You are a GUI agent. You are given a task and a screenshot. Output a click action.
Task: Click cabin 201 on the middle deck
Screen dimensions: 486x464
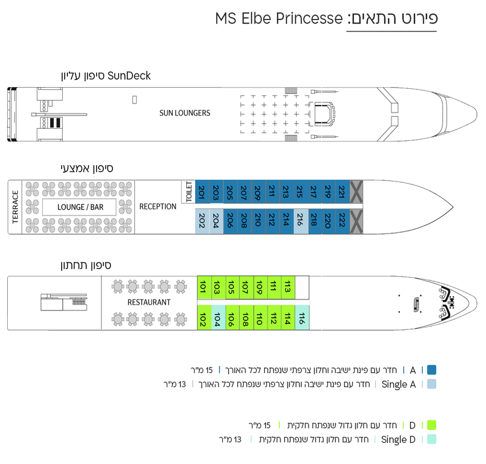pyautogui.click(x=202, y=191)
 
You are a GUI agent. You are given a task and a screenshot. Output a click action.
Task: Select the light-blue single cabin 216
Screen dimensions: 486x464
pyautogui.click(x=301, y=221)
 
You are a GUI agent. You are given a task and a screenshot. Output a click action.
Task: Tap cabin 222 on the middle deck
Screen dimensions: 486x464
pyautogui.click(x=343, y=221)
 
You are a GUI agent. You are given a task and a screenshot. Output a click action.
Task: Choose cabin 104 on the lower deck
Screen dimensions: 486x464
pyautogui.click(x=218, y=318)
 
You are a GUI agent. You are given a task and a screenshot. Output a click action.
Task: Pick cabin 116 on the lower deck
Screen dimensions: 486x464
pyautogui.click(x=302, y=318)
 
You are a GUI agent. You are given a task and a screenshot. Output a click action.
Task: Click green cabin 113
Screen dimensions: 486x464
pyautogui.click(x=288, y=287)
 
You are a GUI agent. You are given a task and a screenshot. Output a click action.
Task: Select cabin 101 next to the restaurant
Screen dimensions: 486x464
pyautogui.click(x=204, y=287)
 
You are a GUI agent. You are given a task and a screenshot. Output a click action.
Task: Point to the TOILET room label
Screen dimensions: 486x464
pyautogui.click(x=189, y=192)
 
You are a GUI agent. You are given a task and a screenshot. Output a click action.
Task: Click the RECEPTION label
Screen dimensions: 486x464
pyautogui.click(x=158, y=207)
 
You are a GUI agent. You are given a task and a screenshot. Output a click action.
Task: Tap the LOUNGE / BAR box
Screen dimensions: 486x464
pyautogui.click(x=79, y=207)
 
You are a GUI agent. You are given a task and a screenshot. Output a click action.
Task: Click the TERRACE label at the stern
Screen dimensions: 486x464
pyautogui.click(x=15, y=207)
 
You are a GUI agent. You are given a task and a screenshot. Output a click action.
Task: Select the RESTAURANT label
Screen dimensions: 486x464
pyautogui.click(x=149, y=302)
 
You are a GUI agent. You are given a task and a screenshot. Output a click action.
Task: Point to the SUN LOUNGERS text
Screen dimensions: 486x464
pyautogui.click(x=185, y=113)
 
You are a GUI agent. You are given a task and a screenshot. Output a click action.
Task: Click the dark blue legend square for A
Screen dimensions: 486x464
pyautogui.click(x=432, y=370)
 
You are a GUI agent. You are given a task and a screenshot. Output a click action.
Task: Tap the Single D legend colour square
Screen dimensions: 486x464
pyautogui.click(x=432, y=439)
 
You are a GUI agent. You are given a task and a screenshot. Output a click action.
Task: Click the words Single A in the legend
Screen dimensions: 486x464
pyautogui.click(x=399, y=384)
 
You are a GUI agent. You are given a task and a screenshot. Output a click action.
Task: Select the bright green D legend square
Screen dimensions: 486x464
pyautogui.click(x=432, y=425)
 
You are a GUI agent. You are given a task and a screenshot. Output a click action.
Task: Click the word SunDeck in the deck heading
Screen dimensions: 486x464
pyautogui.click(x=129, y=76)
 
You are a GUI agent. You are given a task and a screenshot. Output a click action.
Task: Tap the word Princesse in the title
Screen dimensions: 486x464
pyautogui.click(x=309, y=18)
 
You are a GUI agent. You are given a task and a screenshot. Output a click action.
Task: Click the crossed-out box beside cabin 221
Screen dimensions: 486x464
pyautogui.click(x=357, y=191)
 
